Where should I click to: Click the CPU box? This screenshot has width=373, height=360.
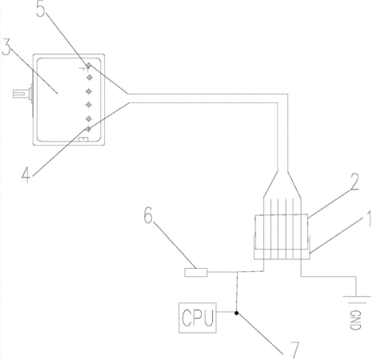point(198,318)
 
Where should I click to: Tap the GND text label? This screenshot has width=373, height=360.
point(355,320)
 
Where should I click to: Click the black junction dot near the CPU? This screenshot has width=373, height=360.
point(236,313)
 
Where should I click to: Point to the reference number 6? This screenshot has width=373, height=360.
point(148,215)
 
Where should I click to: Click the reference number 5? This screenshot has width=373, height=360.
point(41,10)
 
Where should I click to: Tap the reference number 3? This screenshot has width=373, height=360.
point(6,47)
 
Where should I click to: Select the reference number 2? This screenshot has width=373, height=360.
point(355,182)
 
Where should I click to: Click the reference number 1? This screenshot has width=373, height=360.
point(368,218)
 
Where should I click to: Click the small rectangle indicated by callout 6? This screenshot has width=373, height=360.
point(196,272)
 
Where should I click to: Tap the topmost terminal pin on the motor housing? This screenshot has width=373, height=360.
point(89,66)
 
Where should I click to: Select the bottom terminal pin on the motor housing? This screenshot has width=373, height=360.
point(88,130)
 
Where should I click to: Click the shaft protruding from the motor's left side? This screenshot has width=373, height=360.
point(22,94)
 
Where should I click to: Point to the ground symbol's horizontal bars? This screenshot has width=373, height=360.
point(356,299)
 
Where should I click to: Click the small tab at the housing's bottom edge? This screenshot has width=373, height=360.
point(83,139)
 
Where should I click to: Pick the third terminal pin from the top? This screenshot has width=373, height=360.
point(89,91)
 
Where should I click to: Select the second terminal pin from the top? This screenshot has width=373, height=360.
point(90,78)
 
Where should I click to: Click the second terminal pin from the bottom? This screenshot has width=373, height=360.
point(89,118)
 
